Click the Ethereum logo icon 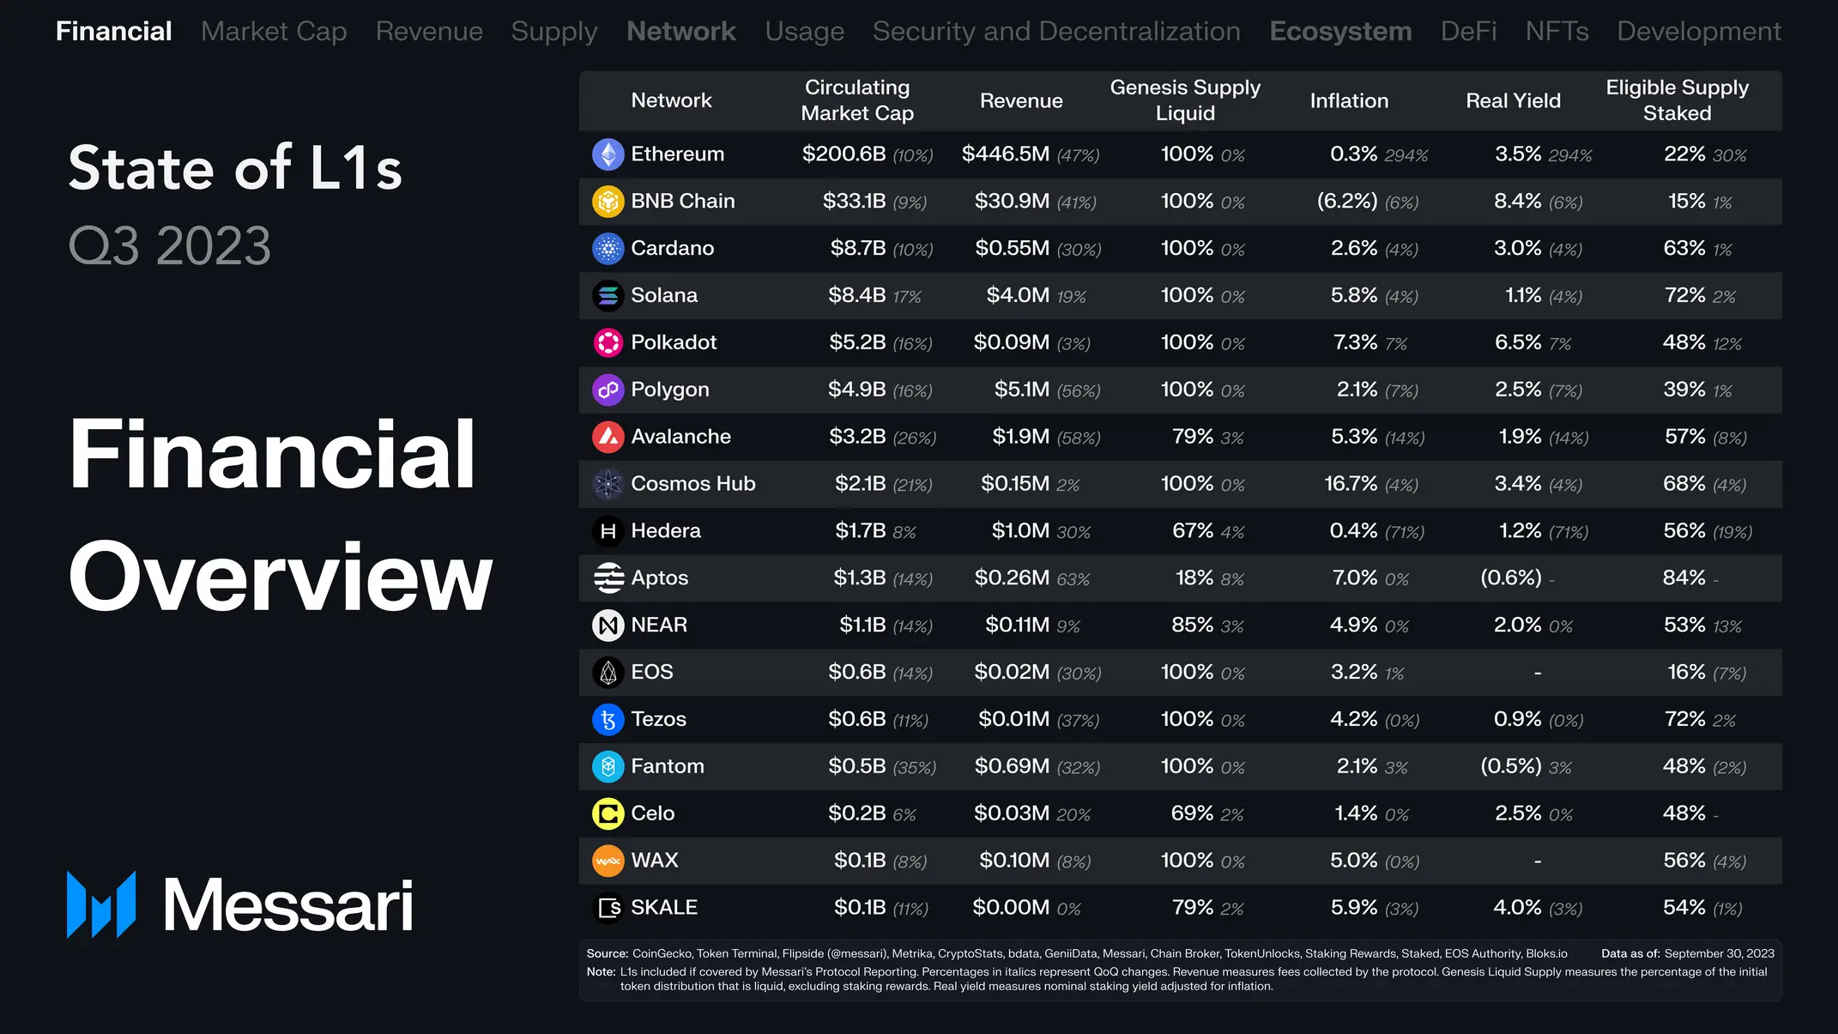pyautogui.click(x=608, y=154)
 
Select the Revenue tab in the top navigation pyautogui.click(x=429, y=32)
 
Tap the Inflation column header pyautogui.click(x=1349, y=100)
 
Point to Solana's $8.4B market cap pyautogui.click(x=856, y=295)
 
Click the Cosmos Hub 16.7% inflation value pyautogui.click(x=1351, y=484)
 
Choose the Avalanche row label pyautogui.click(x=680, y=437)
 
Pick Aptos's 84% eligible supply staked pyautogui.click(x=1684, y=578)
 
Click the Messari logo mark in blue pyautogui.click(x=101, y=904)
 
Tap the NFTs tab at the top pyautogui.click(x=1557, y=32)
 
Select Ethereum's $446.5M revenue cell pyautogui.click(x=1005, y=154)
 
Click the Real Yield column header pyautogui.click(x=1513, y=100)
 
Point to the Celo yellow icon pyautogui.click(x=608, y=813)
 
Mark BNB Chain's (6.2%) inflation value pyautogui.click(x=1347, y=202)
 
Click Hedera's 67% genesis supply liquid pyautogui.click(x=1193, y=531)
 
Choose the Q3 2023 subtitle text pyautogui.click(x=170, y=246)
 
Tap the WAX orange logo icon pyautogui.click(x=608, y=861)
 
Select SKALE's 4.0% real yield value pyautogui.click(x=1517, y=908)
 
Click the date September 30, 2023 pyautogui.click(x=1719, y=953)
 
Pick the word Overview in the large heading pyautogui.click(x=281, y=576)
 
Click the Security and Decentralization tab pyautogui.click(x=1056, y=32)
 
